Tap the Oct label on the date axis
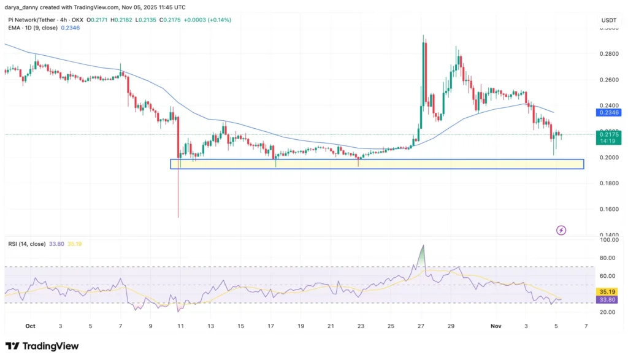coord(30,326)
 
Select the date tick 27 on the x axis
coord(422,326)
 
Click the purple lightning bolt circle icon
coord(561,230)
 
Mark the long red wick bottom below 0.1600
coord(178,216)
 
